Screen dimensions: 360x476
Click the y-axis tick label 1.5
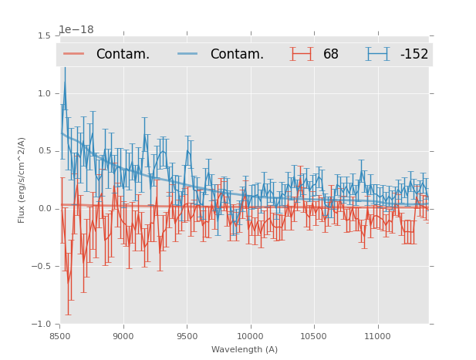coord(44,36)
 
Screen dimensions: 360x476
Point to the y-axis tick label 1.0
coord(44,93)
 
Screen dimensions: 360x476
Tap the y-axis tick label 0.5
coord(44,151)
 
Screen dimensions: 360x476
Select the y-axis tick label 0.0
coord(44,209)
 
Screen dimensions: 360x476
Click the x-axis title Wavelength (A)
coord(245,349)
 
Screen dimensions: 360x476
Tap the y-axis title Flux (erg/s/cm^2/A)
coord(22,180)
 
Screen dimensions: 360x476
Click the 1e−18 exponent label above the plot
coord(76,30)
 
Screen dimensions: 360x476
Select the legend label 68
coord(331,55)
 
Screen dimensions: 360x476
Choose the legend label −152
coord(414,55)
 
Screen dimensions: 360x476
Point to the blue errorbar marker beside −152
coord(378,54)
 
